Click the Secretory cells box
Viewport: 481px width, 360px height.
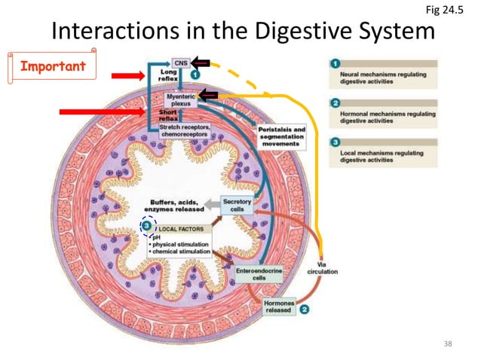(x=237, y=206)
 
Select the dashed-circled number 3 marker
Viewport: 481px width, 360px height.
(x=148, y=226)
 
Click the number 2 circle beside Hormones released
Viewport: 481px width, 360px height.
(x=304, y=309)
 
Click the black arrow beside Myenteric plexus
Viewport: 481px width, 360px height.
(x=208, y=95)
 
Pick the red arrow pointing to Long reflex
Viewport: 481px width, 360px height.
(x=127, y=75)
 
